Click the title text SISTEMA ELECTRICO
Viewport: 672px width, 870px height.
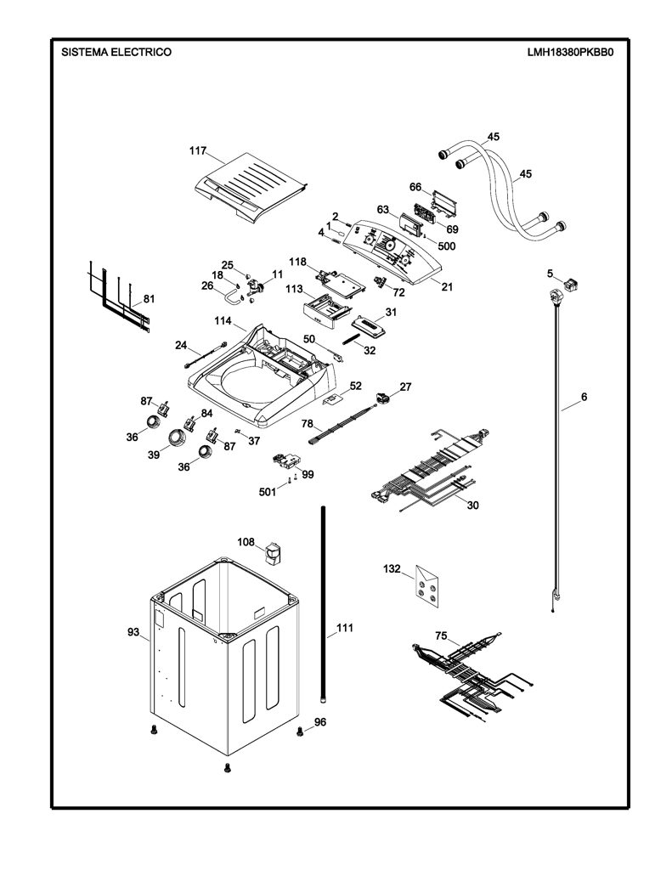click(116, 52)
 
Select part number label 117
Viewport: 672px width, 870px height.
click(198, 150)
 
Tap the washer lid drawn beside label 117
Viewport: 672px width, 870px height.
click(251, 190)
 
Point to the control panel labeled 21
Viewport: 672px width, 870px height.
click(391, 251)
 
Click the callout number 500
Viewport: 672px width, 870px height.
click(447, 246)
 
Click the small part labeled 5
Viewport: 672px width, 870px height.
click(569, 285)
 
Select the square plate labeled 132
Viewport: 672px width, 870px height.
click(426, 588)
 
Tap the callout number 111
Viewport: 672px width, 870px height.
click(345, 628)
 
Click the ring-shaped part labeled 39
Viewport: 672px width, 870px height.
click(177, 438)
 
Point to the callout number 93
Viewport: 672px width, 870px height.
click(133, 632)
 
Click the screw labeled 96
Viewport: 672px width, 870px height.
click(301, 731)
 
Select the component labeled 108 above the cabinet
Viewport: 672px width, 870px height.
click(272, 553)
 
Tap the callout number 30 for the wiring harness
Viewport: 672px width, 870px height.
click(473, 506)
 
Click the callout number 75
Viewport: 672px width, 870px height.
click(441, 636)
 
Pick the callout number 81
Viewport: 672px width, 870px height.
click(149, 298)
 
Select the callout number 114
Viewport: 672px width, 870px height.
click(223, 320)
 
